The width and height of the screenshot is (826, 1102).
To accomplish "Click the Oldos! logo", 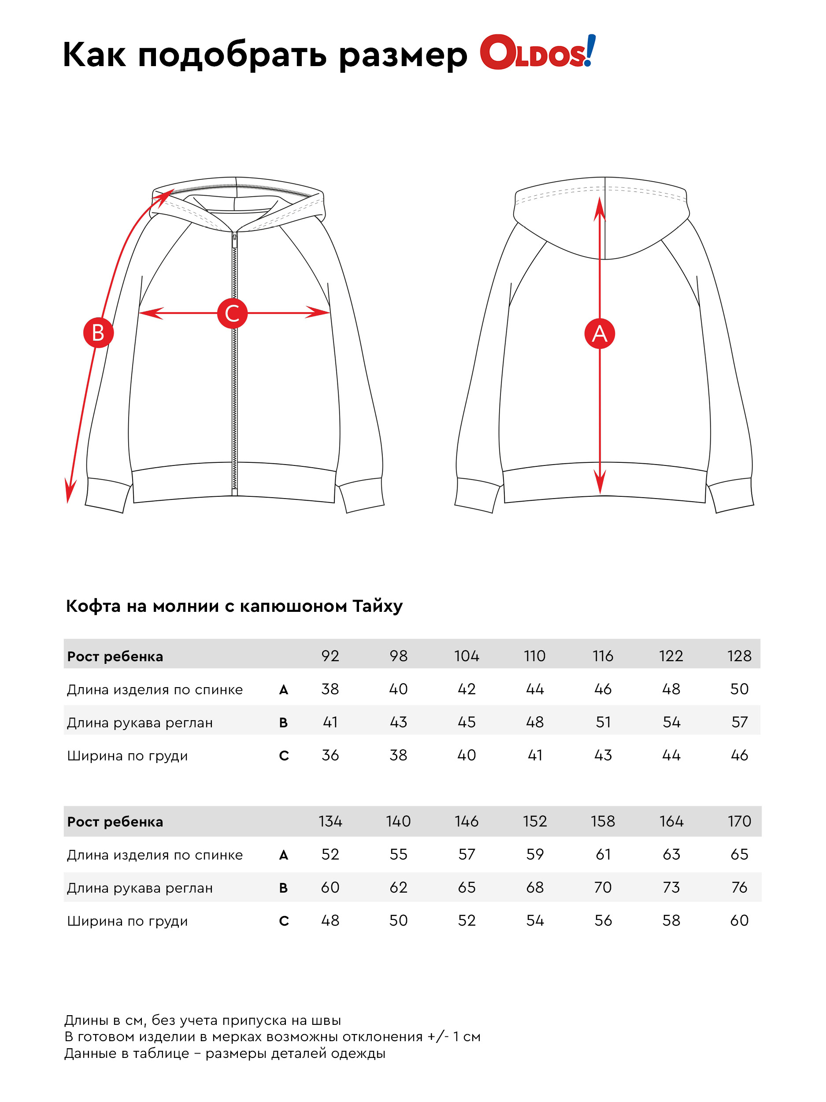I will tap(537, 52).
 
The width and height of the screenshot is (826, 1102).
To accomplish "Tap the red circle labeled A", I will tap(600, 333).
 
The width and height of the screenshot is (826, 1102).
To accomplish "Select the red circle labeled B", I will tap(98, 332).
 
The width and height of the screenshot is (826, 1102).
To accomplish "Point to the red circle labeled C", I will tap(232, 313).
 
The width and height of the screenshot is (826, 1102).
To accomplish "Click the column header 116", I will tap(603, 655).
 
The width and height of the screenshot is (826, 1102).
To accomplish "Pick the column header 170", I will tap(739, 821).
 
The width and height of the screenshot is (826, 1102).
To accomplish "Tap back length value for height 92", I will tap(330, 689).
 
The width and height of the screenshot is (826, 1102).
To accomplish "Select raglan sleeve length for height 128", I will tap(739, 722).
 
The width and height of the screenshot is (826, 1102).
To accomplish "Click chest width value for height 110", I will tap(535, 755).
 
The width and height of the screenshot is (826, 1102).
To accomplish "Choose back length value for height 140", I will tap(398, 854).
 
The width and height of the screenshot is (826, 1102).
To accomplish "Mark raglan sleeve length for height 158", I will tap(603, 887).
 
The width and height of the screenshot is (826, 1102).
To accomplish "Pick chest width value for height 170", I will tap(739, 920).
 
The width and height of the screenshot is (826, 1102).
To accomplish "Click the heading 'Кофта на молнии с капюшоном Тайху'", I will tap(234, 606).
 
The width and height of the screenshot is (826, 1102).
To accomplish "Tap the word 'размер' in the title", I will tap(403, 55).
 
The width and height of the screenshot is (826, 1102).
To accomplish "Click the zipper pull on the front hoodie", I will tap(234, 241).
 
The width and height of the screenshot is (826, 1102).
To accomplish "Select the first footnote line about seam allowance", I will tap(202, 1020).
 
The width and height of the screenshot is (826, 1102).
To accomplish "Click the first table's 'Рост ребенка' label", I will tap(115, 656).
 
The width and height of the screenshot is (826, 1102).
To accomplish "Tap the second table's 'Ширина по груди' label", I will tap(127, 921).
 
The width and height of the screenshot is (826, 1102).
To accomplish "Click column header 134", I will tap(330, 821).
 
